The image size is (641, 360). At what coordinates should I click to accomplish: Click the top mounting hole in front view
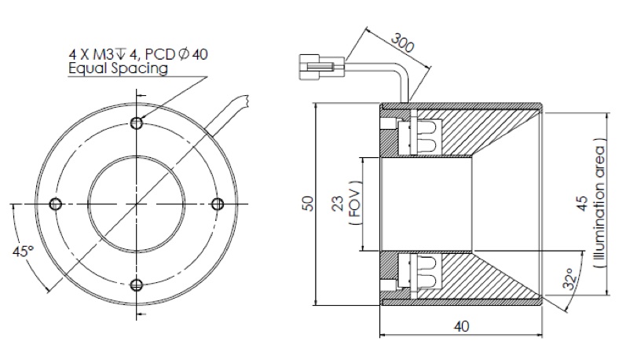pyautogui.click(x=137, y=123)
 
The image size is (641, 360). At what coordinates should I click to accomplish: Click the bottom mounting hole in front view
pyautogui.click(x=137, y=285)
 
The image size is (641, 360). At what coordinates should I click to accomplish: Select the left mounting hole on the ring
pyautogui.click(x=55, y=204)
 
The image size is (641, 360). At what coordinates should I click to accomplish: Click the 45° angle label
pyautogui.click(x=24, y=252)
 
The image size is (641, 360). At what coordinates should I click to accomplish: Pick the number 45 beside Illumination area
pyautogui.click(x=582, y=204)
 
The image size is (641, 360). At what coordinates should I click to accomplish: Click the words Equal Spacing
pyautogui.click(x=118, y=68)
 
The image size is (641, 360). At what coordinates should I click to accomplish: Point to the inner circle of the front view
pyautogui.click(x=137, y=204)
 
